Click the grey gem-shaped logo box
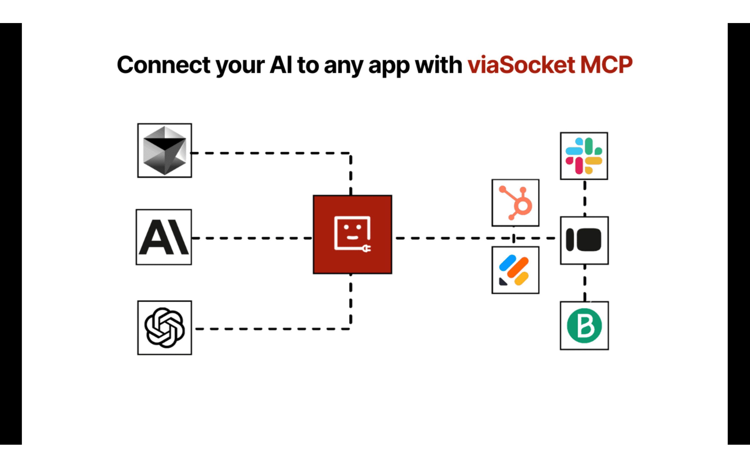click(164, 150)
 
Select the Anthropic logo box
click(164, 237)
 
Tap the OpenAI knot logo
click(164, 328)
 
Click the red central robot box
click(352, 234)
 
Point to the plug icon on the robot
click(367, 248)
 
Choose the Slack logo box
click(584, 156)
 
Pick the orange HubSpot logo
click(516, 203)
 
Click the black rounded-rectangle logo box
click(584, 240)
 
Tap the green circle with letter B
click(584, 326)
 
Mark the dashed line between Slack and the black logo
click(585, 198)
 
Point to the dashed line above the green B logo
click(585, 283)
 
